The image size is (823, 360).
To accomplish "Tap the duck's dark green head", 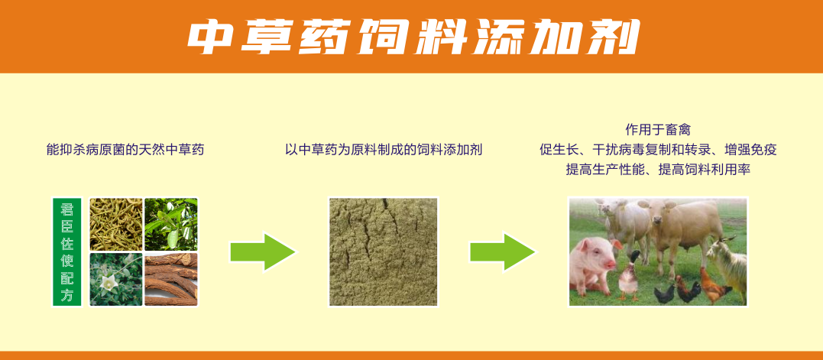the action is tap(634, 256).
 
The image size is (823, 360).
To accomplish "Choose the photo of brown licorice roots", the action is tap(171, 279).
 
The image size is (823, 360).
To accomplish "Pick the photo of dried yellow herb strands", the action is tap(115, 224).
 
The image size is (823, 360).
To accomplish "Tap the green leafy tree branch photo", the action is tap(171, 224).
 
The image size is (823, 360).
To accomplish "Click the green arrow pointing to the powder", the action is tap(263, 252).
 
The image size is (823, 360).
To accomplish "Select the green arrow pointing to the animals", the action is tap(503, 252).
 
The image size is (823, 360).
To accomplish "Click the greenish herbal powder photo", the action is tap(383, 251).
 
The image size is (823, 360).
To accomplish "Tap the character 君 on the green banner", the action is tap(67, 209).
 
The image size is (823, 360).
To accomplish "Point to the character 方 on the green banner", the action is tap(67, 295).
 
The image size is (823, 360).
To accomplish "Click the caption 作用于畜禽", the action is tap(658, 130).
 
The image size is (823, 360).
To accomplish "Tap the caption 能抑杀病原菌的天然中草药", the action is tap(125, 150).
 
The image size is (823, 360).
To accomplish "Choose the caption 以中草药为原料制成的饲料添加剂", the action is tap(383, 150).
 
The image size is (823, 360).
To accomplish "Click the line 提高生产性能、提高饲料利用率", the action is tap(658, 170).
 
